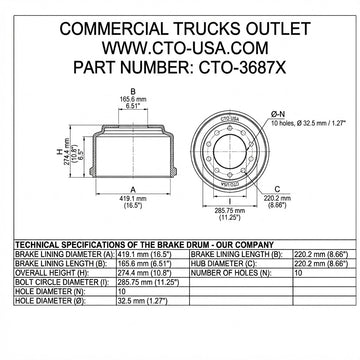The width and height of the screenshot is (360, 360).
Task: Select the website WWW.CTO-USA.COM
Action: pos(179,47)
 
